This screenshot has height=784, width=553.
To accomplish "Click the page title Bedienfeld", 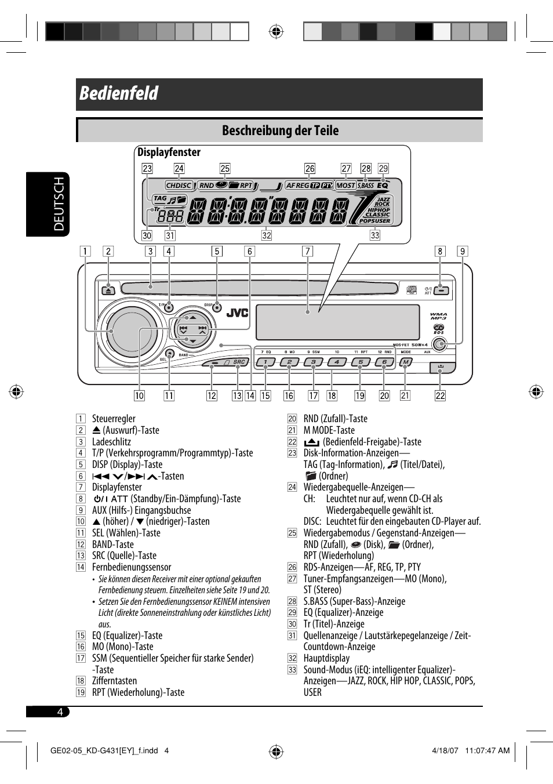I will coord(119,93).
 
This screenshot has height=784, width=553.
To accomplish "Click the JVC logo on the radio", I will coord(237,313).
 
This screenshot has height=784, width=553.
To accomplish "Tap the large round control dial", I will coord(128,329).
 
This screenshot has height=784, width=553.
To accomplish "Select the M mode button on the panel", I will coord(406,362).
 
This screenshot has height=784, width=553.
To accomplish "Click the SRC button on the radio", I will coord(238,362).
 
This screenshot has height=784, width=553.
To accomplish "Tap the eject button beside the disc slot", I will coord(108,290).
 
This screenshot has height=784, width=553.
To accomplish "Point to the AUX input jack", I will coord(440,344).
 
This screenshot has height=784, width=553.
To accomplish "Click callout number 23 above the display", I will coord(147,168).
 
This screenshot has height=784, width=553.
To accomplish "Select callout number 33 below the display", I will coord(375,235).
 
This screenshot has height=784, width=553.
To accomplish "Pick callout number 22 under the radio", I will coord(440,395).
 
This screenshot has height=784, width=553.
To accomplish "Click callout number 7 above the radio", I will coord(307,251).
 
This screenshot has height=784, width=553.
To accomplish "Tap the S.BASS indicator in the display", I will coord(366,186).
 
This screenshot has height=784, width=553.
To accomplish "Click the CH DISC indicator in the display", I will coord(179,186).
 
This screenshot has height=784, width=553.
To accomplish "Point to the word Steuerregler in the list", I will coord(114,419).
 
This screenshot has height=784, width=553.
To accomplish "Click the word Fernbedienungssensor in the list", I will coord(132,567).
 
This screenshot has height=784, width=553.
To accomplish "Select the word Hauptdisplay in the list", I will coord(326,658).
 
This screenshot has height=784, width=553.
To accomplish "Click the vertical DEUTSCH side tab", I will coord(59,204).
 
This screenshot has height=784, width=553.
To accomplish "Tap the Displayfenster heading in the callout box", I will coord(169,153).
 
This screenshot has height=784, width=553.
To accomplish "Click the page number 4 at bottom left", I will coord(60,712).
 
